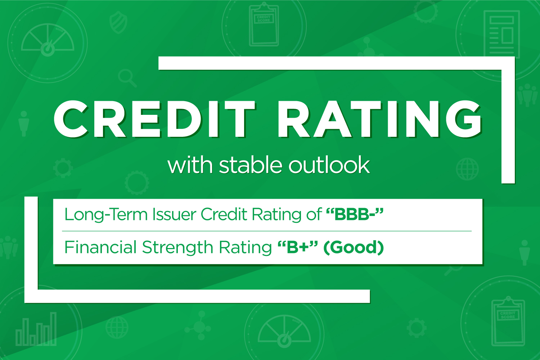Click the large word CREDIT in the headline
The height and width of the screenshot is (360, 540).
coord(154,119)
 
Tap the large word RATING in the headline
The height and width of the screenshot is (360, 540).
coord(380,119)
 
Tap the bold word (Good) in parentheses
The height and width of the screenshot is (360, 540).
coord(354,248)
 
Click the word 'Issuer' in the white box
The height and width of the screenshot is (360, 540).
coord(174,214)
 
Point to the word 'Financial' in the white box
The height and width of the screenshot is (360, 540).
coord(100,247)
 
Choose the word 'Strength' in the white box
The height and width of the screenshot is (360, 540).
coord(178,248)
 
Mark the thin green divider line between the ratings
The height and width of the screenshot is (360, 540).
coord(267,231)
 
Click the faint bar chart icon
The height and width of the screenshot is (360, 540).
coord(36,329)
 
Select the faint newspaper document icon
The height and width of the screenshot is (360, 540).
coord(502,34)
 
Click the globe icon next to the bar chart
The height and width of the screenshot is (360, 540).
coord(117,327)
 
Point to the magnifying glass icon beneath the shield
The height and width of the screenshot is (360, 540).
coord(127,78)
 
